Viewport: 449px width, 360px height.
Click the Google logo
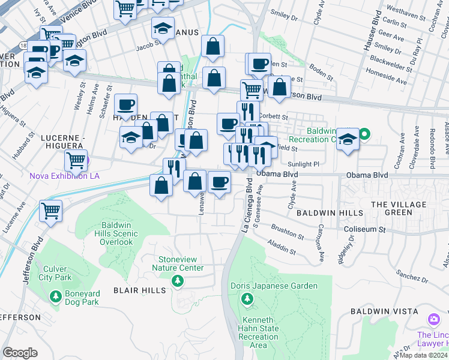click(x=20, y=353)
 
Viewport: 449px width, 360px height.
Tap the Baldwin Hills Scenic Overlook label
click(x=117, y=234)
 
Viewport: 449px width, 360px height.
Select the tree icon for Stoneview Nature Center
click(x=178, y=281)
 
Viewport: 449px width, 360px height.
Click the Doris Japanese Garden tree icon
click(x=246, y=298)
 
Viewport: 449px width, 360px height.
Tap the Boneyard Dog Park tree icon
click(x=55, y=296)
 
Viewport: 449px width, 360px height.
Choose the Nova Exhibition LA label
click(x=64, y=176)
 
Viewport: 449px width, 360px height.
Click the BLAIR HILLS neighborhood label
click(x=136, y=290)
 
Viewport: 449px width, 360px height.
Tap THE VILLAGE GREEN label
click(x=399, y=208)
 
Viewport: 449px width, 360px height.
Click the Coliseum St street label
click(x=364, y=229)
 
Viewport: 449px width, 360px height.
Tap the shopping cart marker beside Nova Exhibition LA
click(x=76, y=160)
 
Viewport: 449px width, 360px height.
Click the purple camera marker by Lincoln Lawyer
click(x=433, y=318)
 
